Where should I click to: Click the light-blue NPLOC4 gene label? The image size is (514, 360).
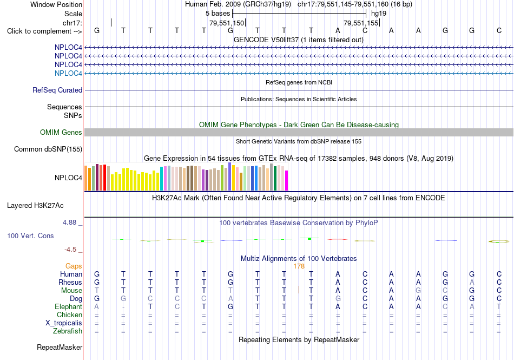click(68, 73)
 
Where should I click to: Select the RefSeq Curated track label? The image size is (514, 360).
click(57, 90)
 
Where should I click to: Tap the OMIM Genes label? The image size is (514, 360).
click(61, 132)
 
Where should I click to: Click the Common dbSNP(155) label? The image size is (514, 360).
click(48, 149)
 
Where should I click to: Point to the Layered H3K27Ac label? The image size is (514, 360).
click(35, 206)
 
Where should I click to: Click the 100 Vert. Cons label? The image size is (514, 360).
click(30, 235)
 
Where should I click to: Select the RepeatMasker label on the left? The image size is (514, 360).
click(60, 347)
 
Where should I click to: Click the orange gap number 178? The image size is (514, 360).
click(299, 266)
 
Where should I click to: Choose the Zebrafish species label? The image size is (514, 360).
click(68, 331)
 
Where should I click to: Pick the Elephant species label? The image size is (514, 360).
click(69, 306)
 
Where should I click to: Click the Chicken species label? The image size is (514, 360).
click(69, 315)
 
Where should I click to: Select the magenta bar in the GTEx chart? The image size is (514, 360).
click(287, 180)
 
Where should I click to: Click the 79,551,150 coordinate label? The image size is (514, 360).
click(227, 23)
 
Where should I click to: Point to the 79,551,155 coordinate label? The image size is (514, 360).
click(361, 23)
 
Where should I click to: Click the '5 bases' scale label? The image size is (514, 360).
click(218, 14)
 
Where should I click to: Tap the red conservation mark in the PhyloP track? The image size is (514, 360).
click(338, 239)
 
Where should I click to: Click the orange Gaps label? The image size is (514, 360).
click(74, 266)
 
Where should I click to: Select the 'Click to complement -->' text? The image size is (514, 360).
click(44, 31)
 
